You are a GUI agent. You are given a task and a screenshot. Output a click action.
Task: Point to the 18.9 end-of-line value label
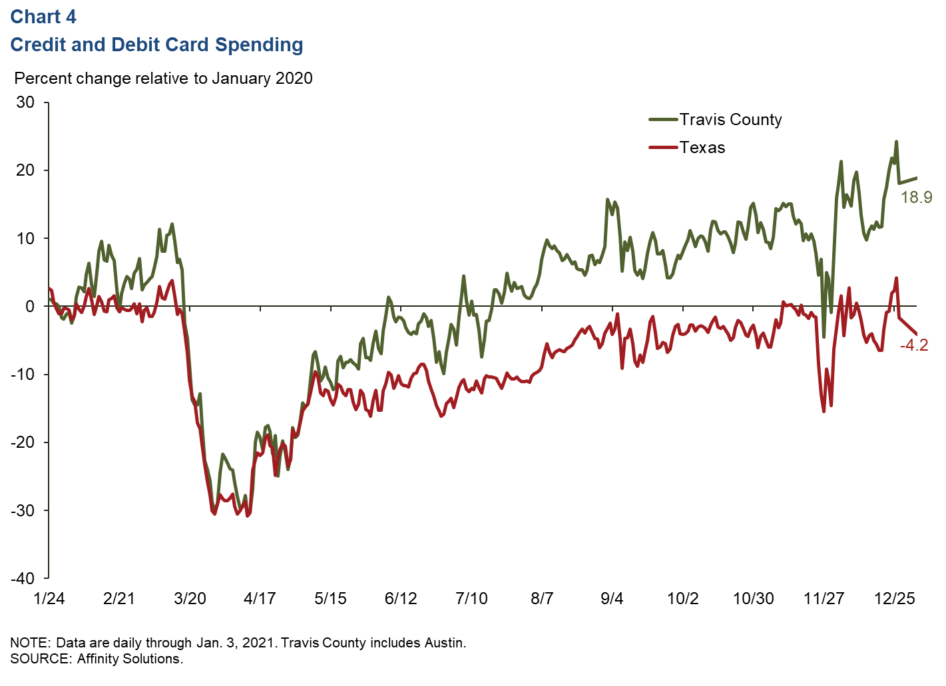pyautogui.click(x=916, y=197)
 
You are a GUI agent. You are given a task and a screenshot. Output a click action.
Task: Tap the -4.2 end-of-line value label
pyautogui.click(x=913, y=345)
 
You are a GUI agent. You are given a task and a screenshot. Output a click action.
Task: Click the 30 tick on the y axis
pyautogui.click(x=25, y=102)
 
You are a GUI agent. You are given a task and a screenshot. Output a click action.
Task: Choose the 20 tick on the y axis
pyautogui.click(x=25, y=170)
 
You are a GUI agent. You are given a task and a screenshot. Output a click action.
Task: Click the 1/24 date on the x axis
pyautogui.click(x=49, y=598)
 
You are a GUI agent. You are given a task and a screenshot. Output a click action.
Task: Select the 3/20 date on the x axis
pyautogui.click(x=190, y=598)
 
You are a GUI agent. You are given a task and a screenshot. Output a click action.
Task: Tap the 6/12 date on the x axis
pyautogui.click(x=401, y=598)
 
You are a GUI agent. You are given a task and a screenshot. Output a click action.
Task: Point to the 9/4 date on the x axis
pyautogui.click(x=612, y=598)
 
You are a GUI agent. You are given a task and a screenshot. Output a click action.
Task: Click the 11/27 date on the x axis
pyautogui.click(x=824, y=598)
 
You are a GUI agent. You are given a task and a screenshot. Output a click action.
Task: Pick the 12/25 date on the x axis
pyautogui.click(x=894, y=598)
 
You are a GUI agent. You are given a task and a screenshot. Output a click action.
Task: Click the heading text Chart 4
pyautogui.click(x=43, y=17)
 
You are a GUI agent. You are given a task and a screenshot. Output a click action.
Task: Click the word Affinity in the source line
pyautogui.click(x=101, y=659)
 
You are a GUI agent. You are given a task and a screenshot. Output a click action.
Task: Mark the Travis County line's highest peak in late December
pyautogui.click(x=896, y=142)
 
